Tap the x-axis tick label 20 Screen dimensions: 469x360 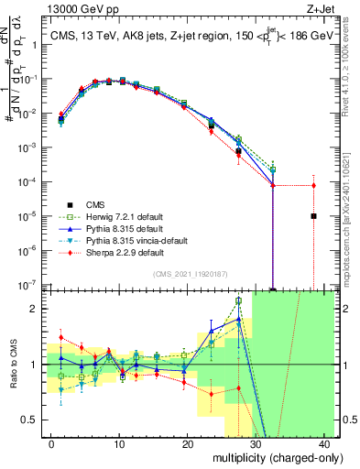point(187,443)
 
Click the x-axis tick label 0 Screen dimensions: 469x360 point(50,443)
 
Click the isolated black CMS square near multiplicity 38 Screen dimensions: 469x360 point(313,216)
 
